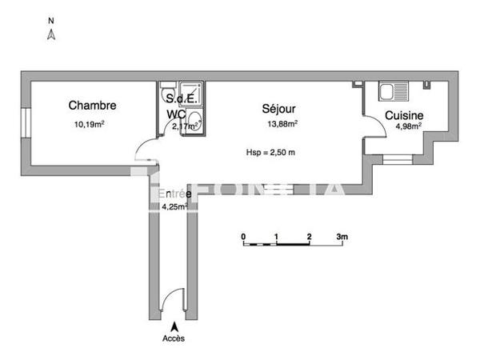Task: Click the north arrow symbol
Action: pyautogui.click(x=50, y=34)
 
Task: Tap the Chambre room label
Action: pyautogui.click(x=92, y=106)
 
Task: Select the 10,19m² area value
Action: pyautogui.click(x=90, y=124)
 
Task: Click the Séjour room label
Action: pyautogui.click(x=281, y=108)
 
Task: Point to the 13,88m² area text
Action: pyautogui.click(x=282, y=124)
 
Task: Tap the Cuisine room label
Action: pyautogui.click(x=404, y=116)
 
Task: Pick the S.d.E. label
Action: pyautogui.click(x=180, y=98)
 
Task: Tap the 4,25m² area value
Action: pyautogui.click(x=174, y=206)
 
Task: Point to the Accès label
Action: pyautogui.click(x=173, y=338)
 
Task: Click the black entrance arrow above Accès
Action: pyautogui.click(x=174, y=326)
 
